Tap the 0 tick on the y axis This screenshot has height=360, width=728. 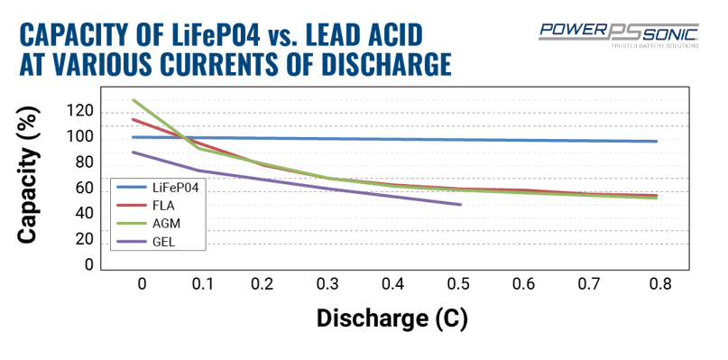click(88, 264)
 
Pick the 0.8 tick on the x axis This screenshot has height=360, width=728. click(660, 284)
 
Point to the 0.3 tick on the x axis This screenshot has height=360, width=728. click(327, 284)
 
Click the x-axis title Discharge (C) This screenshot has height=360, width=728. click(392, 318)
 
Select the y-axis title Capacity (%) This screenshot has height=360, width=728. click(28, 176)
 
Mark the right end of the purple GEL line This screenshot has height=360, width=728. click(461, 205)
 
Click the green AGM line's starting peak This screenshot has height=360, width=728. click(134, 100)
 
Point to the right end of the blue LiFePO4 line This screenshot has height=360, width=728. click(657, 142)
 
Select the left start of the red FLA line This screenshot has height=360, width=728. click(134, 119)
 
